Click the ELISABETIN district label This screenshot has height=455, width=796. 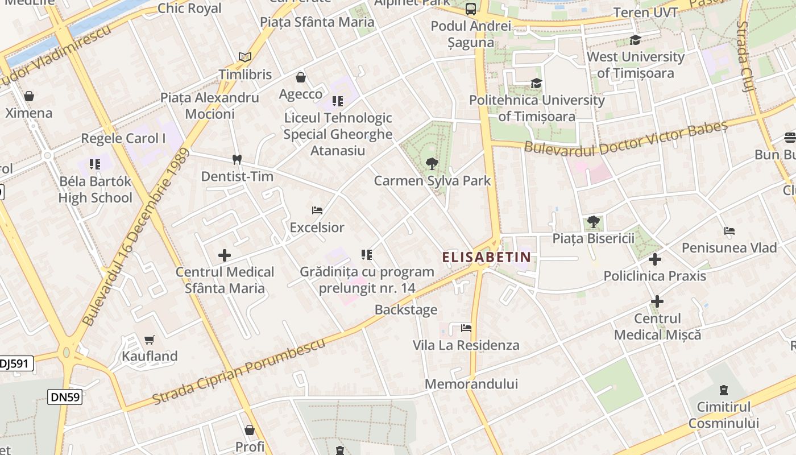coord(486,257)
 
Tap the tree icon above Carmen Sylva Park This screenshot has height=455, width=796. coord(432,164)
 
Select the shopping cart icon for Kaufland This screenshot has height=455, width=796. coord(150,340)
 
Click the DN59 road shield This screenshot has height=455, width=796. coord(65,397)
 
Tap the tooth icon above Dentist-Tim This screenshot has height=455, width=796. coord(237,160)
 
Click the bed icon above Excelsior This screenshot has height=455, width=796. coord(317,210)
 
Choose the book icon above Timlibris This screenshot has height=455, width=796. coord(245,57)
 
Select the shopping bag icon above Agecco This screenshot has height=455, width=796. coord(301,77)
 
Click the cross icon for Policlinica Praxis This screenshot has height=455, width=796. coord(655,259)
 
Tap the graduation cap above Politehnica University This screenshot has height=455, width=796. coord(536,84)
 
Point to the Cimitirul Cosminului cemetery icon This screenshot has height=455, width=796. coord(723,390)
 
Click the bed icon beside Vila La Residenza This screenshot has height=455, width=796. coord(466,328)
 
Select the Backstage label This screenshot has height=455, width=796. coord(406,310)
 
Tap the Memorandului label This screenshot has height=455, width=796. coord(471,384)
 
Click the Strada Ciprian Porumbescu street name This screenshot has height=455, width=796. coord(239,371)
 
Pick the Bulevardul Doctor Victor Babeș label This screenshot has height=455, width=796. coord(625,138)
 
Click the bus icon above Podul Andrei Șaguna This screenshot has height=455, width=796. coord(471,9)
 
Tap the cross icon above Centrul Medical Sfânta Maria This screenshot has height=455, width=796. coord(225,255)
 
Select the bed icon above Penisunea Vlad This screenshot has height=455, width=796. coord(729,231)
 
